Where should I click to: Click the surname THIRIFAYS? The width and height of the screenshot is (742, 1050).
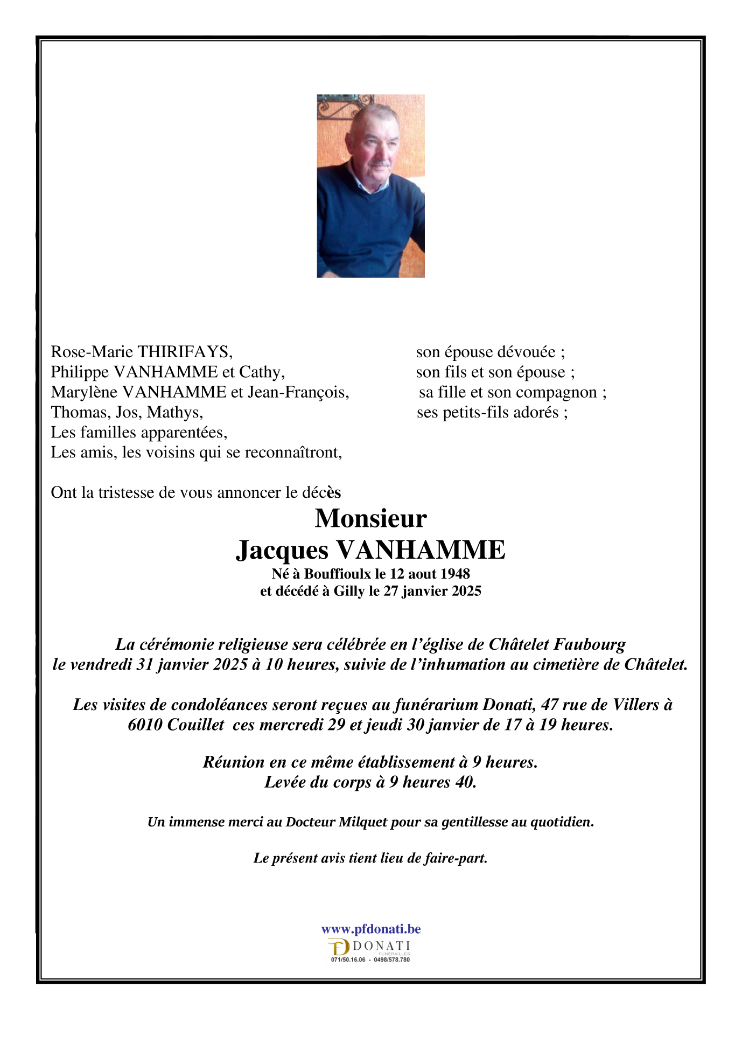(185, 352)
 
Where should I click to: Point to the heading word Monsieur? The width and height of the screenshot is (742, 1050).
(370, 518)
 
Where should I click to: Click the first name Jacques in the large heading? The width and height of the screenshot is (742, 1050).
(282, 550)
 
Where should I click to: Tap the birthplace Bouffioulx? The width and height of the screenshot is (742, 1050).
(338, 574)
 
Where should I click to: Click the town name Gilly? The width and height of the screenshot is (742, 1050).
(349, 592)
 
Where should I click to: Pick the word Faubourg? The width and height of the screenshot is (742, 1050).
(590, 644)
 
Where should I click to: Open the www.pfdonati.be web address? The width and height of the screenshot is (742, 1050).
(371, 929)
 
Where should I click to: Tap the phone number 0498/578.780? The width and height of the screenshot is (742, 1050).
(391, 959)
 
